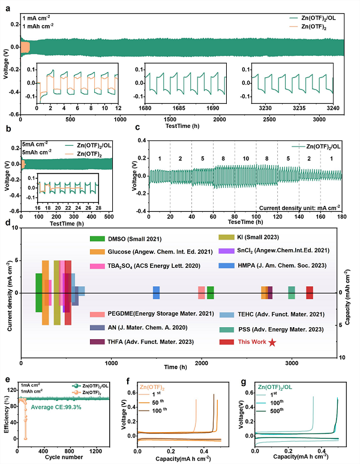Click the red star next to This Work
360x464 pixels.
pos(272,342)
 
